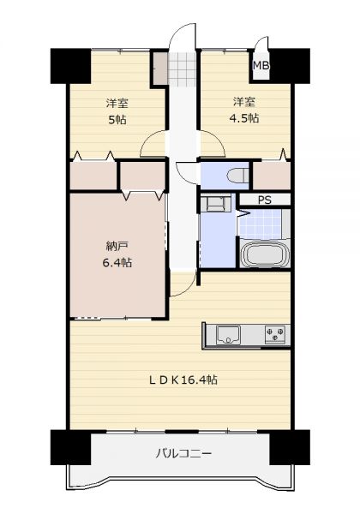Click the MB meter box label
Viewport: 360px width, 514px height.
pyautogui.click(x=261, y=66)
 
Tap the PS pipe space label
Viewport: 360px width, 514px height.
pyautogui.click(x=265, y=200)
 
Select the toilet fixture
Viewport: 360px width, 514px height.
pyautogui.click(x=238, y=176)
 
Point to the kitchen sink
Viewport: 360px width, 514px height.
pyautogui.click(x=228, y=335)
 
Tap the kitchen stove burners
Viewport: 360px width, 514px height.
pyautogui.click(x=275, y=334)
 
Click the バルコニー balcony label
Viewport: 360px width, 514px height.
pyautogui.click(x=183, y=454)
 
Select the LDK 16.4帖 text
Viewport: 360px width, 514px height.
pyautogui.click(x=183, y=380)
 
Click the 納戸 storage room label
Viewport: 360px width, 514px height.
pyautogui.click(x=117, y=246)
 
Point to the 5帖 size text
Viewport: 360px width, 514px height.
pyautogui.click(x=117, y=120)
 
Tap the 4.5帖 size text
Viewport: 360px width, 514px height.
pyautogui.click(x=244, y=117)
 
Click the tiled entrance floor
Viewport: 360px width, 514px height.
pyautogui.click(x=183, y=69)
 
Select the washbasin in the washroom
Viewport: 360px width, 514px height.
pyautogui.click(x=215, y=204)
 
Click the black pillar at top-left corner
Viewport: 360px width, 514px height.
pyautogui.click(x=70, y=66)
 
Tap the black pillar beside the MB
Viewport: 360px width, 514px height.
pyautogui.click(x=290, y=66)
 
